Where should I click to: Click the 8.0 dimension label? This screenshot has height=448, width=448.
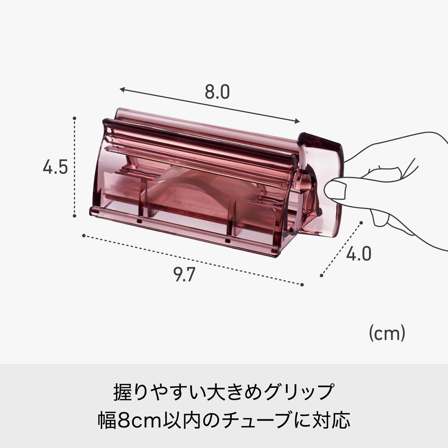coord(217,92)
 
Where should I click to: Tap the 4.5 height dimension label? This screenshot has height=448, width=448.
coord(55,167)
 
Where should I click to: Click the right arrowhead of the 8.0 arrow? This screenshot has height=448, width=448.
coord(299,121)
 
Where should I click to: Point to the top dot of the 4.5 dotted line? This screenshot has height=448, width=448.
coord(75,118)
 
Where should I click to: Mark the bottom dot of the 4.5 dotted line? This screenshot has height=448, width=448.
coord(75,216)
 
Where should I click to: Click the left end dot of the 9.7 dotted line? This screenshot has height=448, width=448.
coord(84,236)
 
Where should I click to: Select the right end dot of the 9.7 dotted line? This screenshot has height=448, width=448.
coord(302,284)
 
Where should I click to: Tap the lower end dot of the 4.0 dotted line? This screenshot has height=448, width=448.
coord(321,275)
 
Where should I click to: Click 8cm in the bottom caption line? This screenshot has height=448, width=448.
coord(136,420)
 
